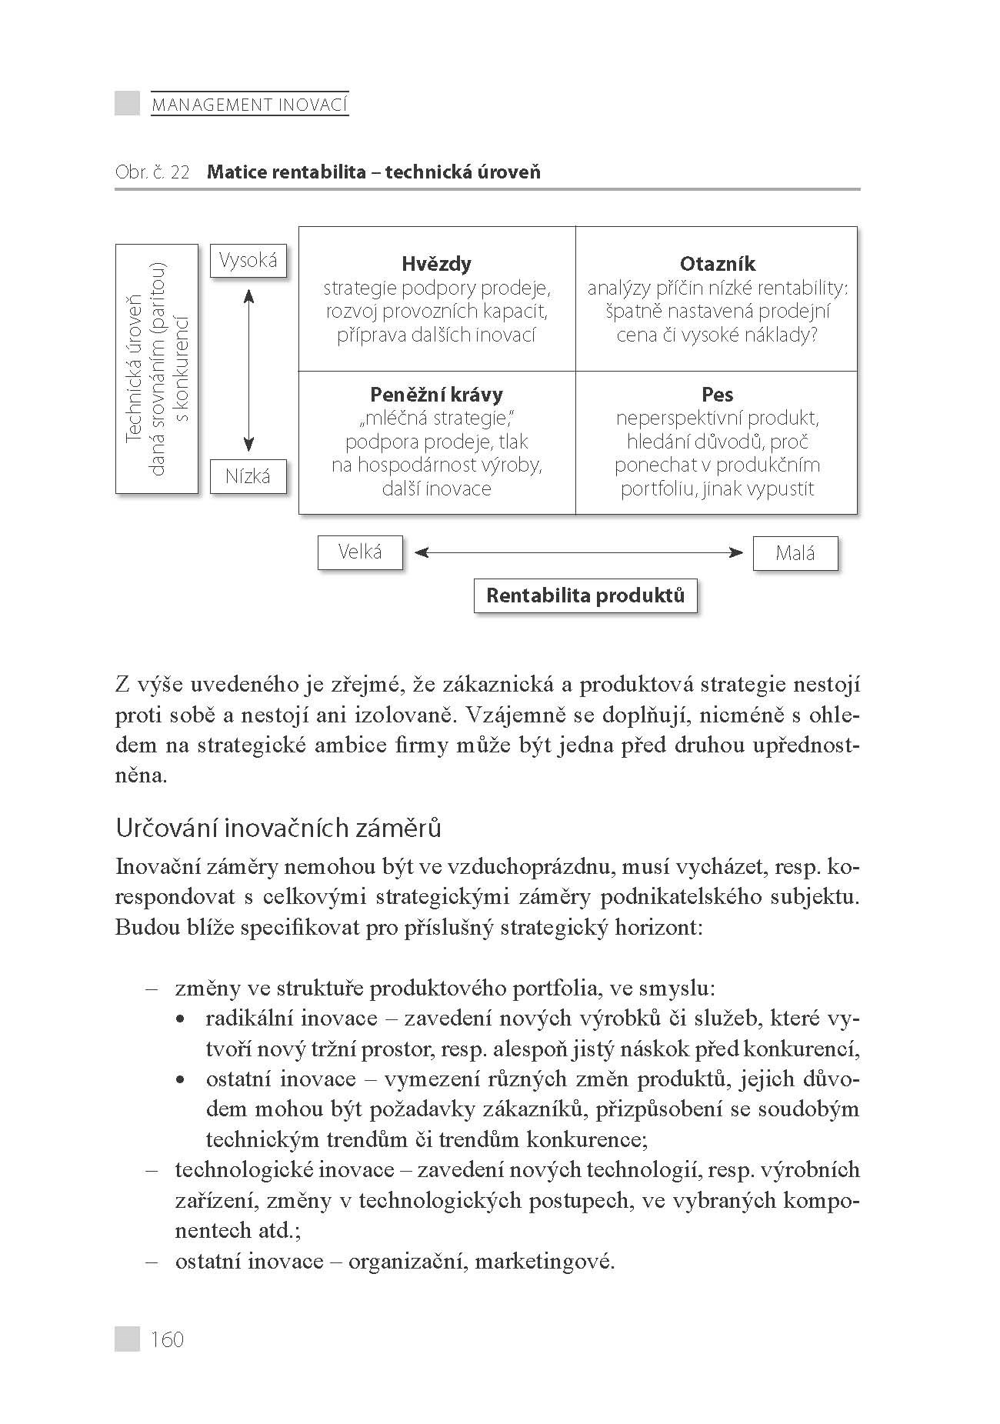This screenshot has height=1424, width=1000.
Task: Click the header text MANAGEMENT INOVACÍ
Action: click(250, 104)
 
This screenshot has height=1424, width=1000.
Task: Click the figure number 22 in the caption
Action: click(179, 172)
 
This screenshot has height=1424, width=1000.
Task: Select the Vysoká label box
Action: click(248, 261)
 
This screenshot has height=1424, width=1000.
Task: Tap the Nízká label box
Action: click(248, 476)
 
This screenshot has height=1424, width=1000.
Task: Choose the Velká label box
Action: click(360, 552)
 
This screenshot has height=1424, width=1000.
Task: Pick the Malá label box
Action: click(795, 553)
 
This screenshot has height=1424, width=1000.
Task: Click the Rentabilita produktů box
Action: click(585, 595)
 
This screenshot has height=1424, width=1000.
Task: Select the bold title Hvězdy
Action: click(436, 264)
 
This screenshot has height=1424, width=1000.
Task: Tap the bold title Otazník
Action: click(717, 264)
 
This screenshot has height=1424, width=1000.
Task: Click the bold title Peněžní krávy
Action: click(436, 395)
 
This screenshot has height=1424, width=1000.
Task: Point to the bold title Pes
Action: click(717, 395)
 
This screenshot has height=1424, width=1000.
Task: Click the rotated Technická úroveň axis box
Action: click(156, 369)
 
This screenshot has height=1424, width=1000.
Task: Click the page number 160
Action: click(168, 1339)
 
